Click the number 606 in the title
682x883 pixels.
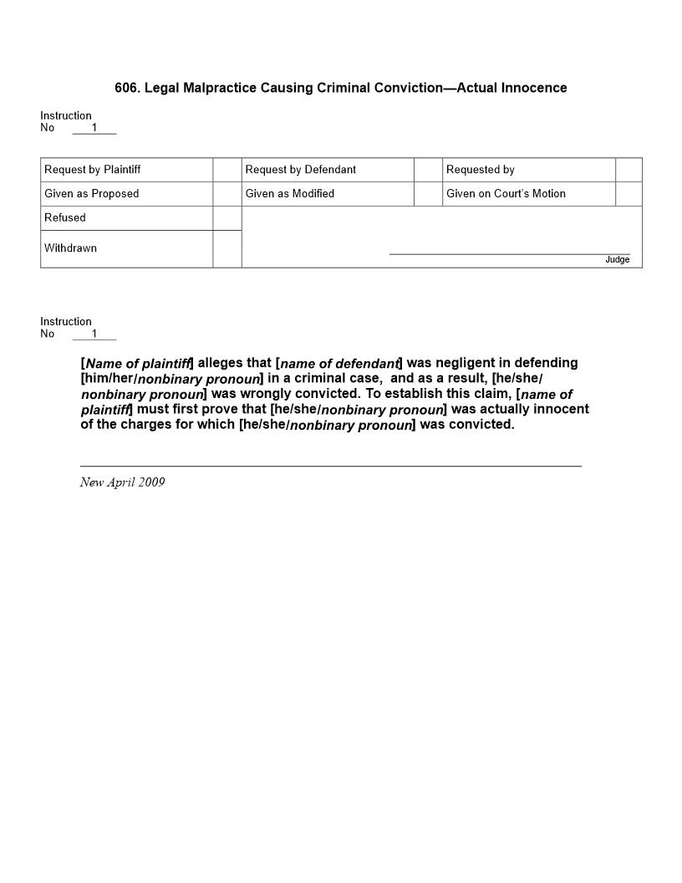tap(126, 88)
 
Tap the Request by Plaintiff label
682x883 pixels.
tap(92, 170)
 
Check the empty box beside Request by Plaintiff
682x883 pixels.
tap(226, 170)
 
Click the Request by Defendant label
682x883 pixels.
tap(300, 170)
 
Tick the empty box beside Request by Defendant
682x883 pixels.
tap(428, 170)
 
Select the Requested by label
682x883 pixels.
tap(480, 170)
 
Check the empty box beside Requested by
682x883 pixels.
tap(629, 170)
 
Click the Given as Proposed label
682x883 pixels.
tap(91, 194)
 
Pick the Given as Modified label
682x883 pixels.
tap(289, 194)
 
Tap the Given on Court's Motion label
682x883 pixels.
tap(506, 194)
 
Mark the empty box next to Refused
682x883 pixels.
tap(226, 218)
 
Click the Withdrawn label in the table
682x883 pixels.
tap(70, 248)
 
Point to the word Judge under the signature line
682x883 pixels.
tap(617, 260)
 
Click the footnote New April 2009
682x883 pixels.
tap(122, 482)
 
